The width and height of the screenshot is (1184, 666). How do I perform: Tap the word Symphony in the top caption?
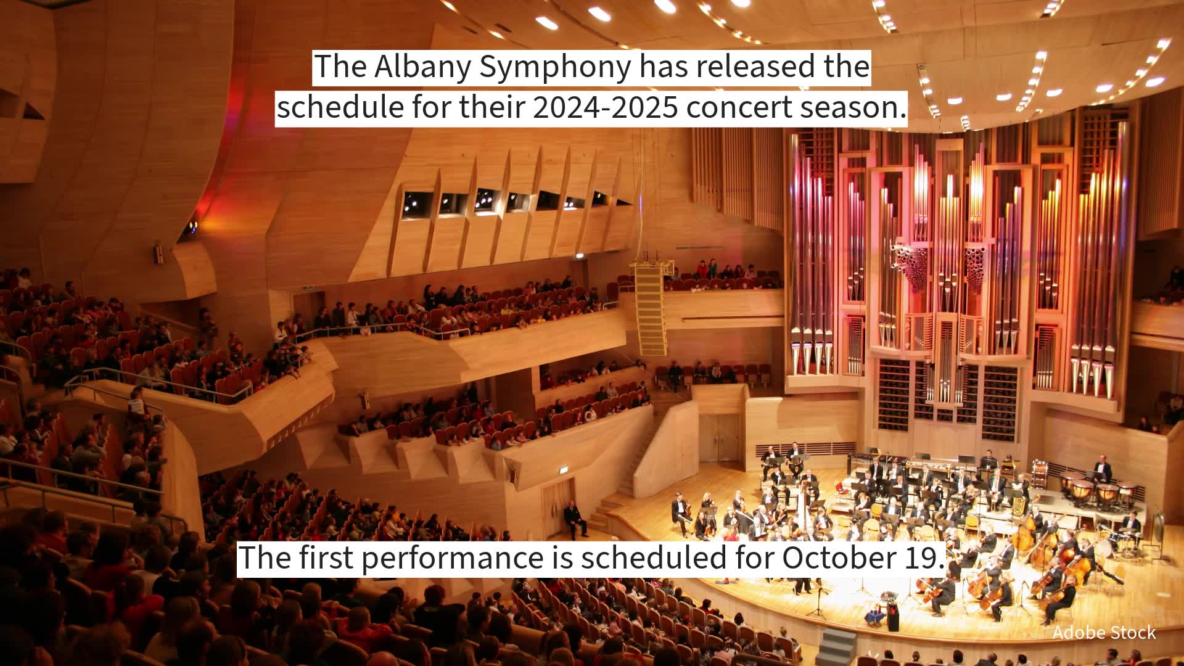pyautogui.click(x=555, y=67)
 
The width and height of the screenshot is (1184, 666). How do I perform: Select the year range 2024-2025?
pyautogui.click(x=605, y=107)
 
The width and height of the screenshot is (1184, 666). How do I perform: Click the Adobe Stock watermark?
pyautogui.click(x=1104, y=633)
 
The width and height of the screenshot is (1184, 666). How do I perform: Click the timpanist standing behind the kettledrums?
pyautogui.click(x=1102, y=471)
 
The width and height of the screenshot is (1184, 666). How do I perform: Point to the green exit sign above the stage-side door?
pyautogui.click(x=560, y=471)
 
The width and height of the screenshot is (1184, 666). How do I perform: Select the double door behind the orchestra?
pyautogui.click(x=720, y=438)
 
